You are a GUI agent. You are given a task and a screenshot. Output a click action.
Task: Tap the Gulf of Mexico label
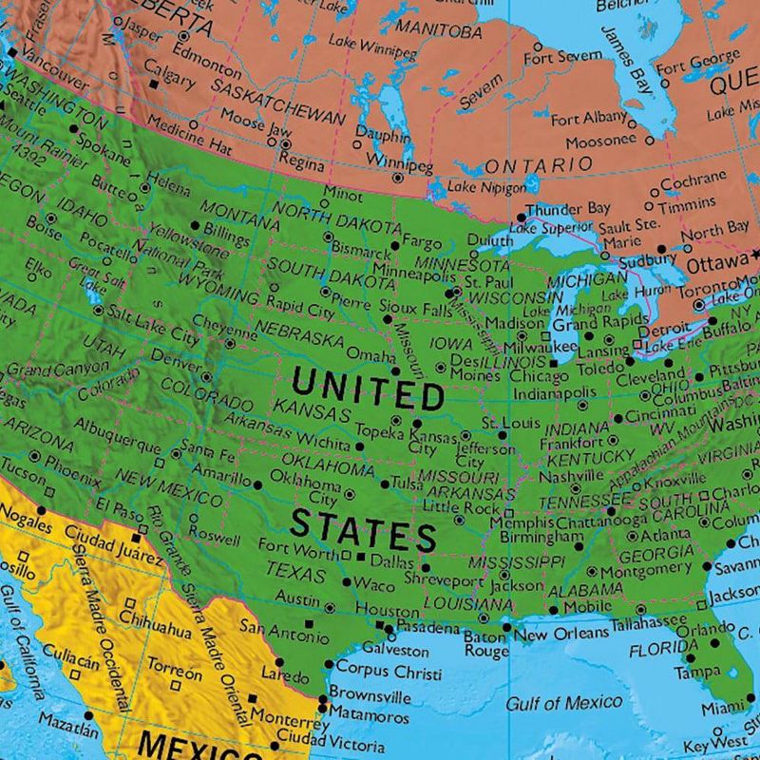pyautogui.click(x=564, y=704)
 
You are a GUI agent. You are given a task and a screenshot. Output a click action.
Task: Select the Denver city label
pyautogui.click(x=176, y=362)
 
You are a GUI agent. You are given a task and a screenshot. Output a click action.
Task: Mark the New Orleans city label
pyautogui.click(x=562, y=634)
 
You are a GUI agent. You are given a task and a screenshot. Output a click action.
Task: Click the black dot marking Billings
pyautogui.click(x=196, y=225)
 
